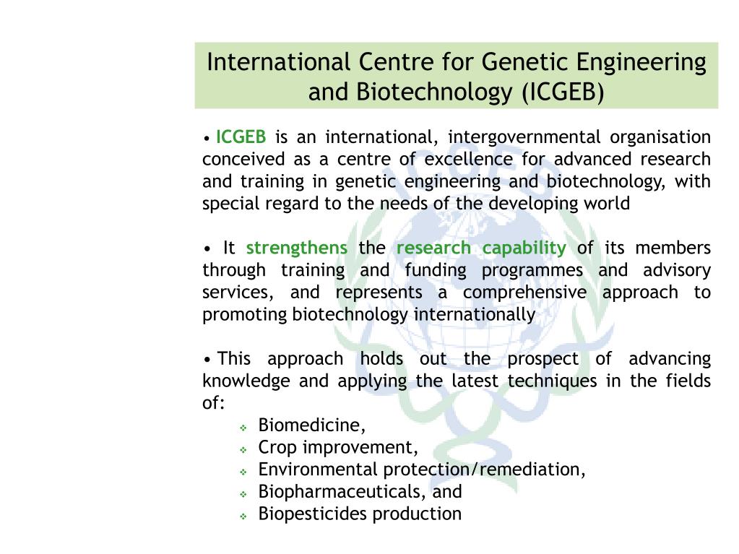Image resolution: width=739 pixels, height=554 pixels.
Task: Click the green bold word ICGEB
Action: [x=241, y=137]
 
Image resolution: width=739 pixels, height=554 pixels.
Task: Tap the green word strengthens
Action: [x=296, y=248]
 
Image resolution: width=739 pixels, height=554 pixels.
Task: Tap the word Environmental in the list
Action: [x=318, y=469]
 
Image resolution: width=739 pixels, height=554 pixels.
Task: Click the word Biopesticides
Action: [x=308, y=514]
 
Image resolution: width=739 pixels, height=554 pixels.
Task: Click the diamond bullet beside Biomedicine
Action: [x=243, y=427]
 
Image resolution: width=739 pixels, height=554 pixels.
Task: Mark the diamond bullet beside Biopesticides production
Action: [x=243, y=516]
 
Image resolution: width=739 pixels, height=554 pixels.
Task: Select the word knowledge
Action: [x=246, y=381]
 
